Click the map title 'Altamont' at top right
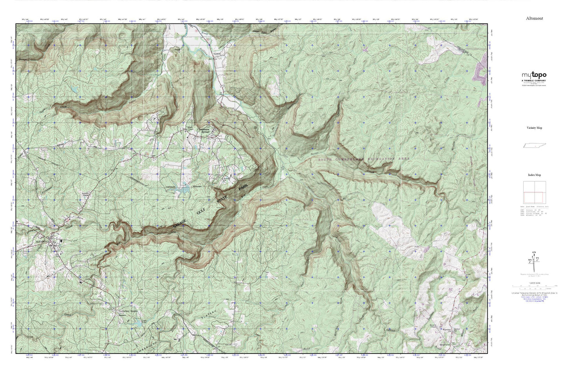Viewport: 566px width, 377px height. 534,18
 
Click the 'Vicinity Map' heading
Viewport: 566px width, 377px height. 534,128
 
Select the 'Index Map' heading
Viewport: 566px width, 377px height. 534,175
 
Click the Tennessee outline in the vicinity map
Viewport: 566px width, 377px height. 534,146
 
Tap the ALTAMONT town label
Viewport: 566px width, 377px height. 42,242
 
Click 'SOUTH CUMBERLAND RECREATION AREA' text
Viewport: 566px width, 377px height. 363,159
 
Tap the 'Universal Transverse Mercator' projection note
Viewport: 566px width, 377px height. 534,293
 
